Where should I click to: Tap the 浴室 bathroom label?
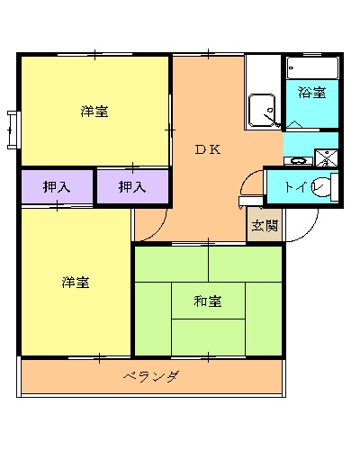(312, 92)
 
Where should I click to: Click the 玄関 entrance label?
(265, 226)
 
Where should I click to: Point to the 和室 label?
(208, 301)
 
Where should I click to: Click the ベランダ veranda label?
(150, 375)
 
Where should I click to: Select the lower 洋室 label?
(76, 282)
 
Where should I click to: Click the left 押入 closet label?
(57, 187)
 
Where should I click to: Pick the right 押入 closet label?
(132, 187)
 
